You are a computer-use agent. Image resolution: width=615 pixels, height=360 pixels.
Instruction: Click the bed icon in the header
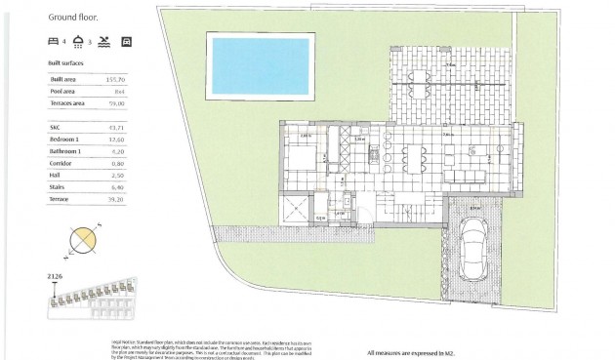(53, 42)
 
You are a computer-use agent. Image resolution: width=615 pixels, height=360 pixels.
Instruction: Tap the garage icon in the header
(125, 42)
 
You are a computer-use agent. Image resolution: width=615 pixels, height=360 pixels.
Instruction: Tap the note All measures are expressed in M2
(411, 351)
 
